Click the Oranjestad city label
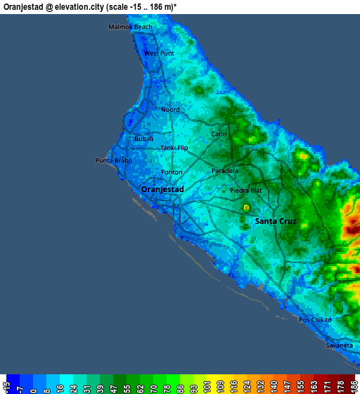162,189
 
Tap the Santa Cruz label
276,221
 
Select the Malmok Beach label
130,27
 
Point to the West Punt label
158,53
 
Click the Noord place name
170,110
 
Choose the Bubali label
143,139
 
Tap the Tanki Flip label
174,148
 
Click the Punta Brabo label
113,160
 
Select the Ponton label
172,172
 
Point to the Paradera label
225,170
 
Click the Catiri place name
218,133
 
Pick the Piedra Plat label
245,190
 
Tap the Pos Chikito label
314,319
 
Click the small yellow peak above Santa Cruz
246,208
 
